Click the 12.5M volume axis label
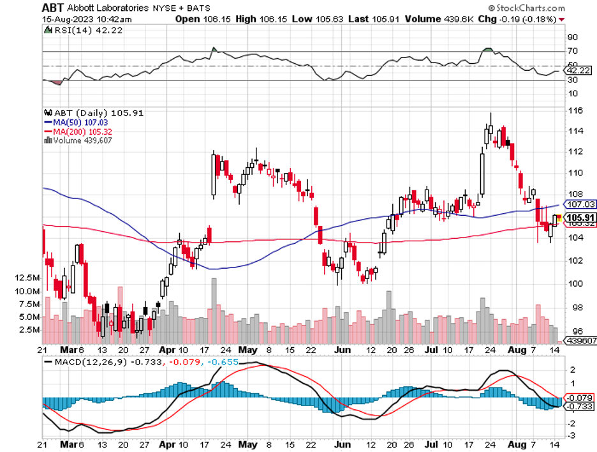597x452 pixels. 26,278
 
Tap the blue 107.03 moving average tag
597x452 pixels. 580,204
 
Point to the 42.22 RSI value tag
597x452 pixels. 580,70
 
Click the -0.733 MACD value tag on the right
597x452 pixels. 580,407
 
